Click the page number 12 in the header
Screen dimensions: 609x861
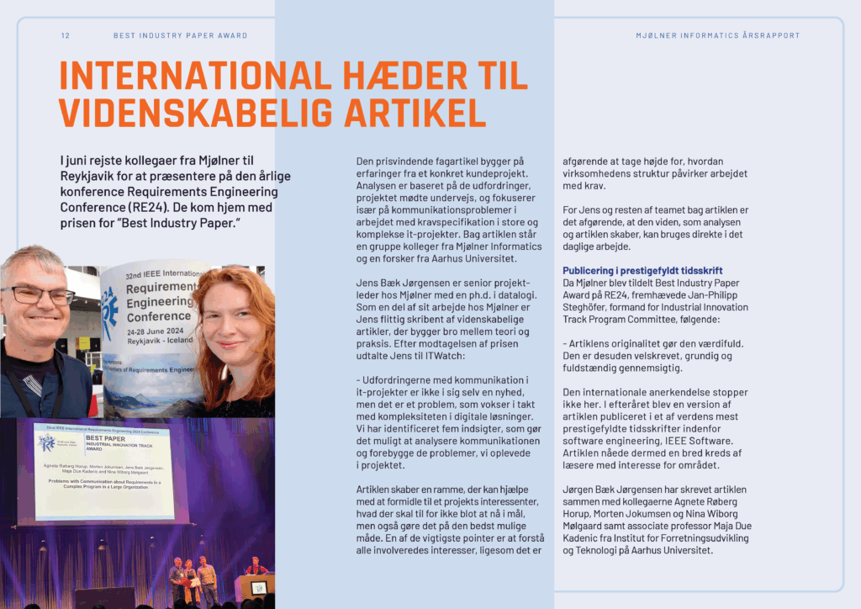(65, 35)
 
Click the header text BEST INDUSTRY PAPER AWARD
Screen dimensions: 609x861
(180, 35)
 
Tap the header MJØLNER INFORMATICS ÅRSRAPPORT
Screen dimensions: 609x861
(718, 35)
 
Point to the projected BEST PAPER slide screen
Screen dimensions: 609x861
(105, 471)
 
